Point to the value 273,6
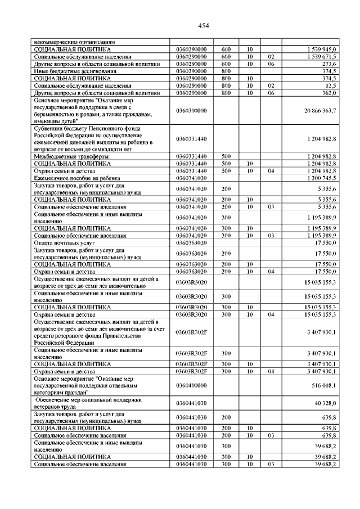329,64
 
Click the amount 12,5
331,85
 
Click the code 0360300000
191,111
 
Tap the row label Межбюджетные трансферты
68,156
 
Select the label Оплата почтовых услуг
64,242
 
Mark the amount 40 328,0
326,403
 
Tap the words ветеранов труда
57,407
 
